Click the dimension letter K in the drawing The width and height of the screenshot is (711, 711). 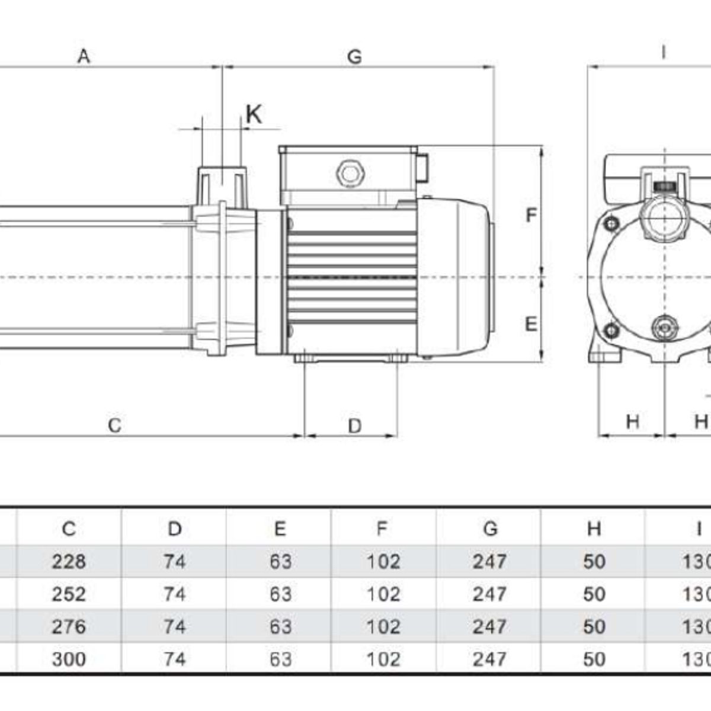(x=254, y=114)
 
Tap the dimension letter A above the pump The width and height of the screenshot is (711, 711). (x=84, y=56)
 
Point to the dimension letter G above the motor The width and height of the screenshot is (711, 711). (x=354, y=56)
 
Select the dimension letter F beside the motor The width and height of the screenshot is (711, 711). (x=531, y=215)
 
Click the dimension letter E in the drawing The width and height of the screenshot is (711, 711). (x=531, y=324)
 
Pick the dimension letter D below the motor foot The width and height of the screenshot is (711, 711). (x=354, y=425)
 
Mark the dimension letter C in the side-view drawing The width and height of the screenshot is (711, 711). (x=115, y=425)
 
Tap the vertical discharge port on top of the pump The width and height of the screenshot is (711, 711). (x=222, y=187)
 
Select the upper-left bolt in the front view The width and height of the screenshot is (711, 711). (x=610, y=224)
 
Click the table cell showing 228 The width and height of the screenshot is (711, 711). (x=69, y=561)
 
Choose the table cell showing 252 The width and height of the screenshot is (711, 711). (x=69, y=594)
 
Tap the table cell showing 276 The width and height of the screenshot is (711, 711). (x=69, y=626)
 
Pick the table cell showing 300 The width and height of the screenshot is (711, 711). (x=69, y=659)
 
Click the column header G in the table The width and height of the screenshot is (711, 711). (x=490, y=529)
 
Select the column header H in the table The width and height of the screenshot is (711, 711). (x=594, y=529)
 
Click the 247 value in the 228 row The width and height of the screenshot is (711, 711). (x=489, y=561)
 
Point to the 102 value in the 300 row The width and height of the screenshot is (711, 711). (x=383, y=659)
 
